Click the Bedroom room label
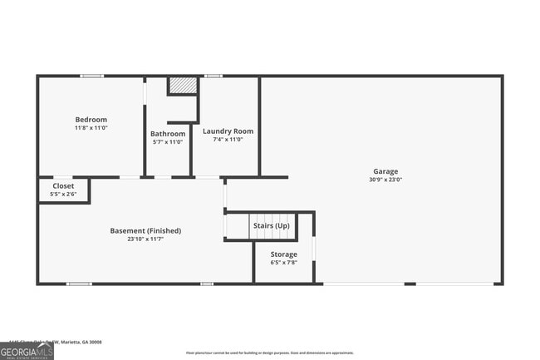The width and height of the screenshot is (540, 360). point(91,120)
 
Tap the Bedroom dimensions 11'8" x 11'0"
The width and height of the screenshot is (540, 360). point(91,128)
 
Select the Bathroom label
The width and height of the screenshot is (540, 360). point(168,134)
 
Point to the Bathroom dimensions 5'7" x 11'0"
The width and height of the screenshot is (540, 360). point(168,142)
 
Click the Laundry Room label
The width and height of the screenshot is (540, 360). point(228,131)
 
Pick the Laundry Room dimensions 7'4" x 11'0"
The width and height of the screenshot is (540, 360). point(228,140)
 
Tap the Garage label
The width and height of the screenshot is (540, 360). point(385,171)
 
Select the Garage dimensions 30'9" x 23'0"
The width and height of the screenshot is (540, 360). point(385,180)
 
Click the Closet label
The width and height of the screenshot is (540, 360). point(63,186)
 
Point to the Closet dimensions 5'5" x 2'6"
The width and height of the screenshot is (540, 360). point(63,195)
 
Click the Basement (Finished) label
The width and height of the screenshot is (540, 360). point(145,230)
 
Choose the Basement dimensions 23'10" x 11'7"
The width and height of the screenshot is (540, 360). point(145,239)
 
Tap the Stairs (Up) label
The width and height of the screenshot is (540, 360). point(271,226)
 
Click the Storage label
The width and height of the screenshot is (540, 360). point(283,254)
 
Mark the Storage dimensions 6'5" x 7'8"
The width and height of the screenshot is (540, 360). point(283,263)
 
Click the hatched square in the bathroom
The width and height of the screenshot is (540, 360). point(182,86)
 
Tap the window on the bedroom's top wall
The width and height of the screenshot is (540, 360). point(91,76)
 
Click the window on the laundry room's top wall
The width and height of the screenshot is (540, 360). point(214,76)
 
